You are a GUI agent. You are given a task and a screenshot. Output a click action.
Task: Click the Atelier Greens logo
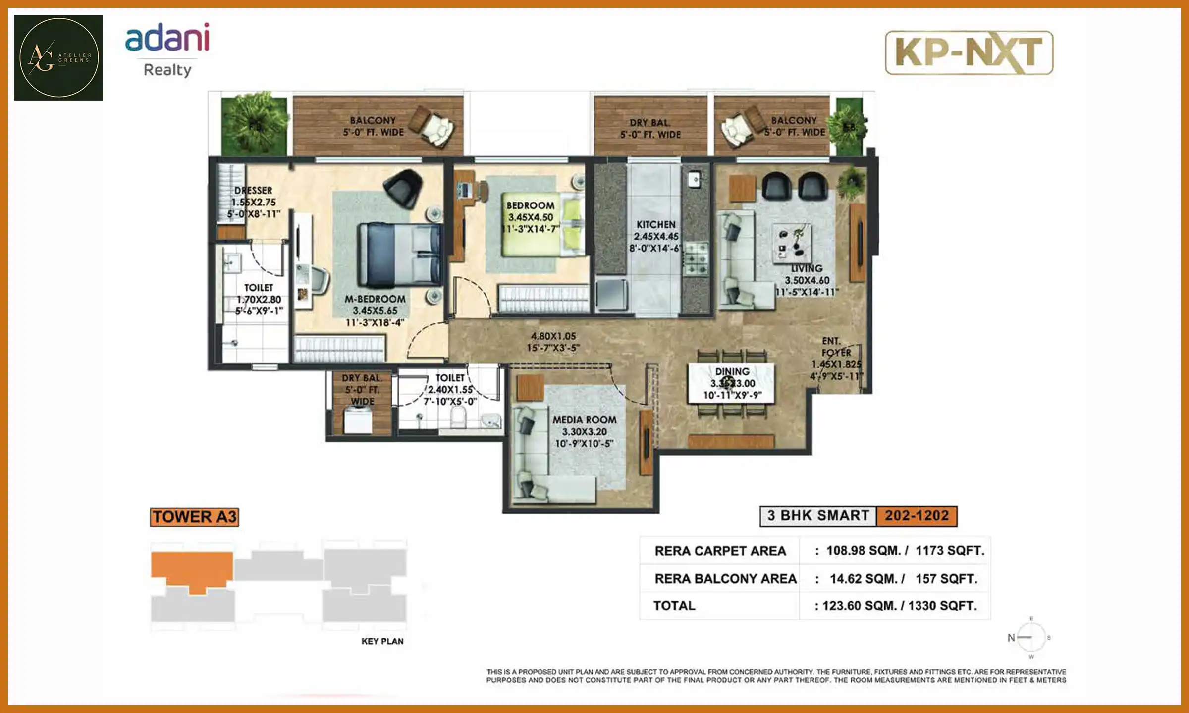58,57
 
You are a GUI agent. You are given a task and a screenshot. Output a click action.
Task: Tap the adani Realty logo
167,50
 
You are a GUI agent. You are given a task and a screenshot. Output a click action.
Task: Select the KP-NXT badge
969,52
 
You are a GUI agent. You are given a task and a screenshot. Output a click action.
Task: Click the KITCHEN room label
656,225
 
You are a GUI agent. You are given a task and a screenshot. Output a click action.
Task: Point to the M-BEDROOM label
375,299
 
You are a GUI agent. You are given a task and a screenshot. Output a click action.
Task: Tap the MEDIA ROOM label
585,420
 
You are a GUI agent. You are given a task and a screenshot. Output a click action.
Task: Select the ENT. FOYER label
835,347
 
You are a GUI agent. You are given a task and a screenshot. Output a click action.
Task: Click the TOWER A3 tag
194,517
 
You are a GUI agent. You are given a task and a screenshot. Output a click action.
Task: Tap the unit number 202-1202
917,516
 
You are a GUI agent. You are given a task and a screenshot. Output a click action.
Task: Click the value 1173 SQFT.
949,551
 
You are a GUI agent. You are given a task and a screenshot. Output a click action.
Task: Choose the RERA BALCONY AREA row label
725,578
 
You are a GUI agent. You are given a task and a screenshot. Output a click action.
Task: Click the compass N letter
1011,638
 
